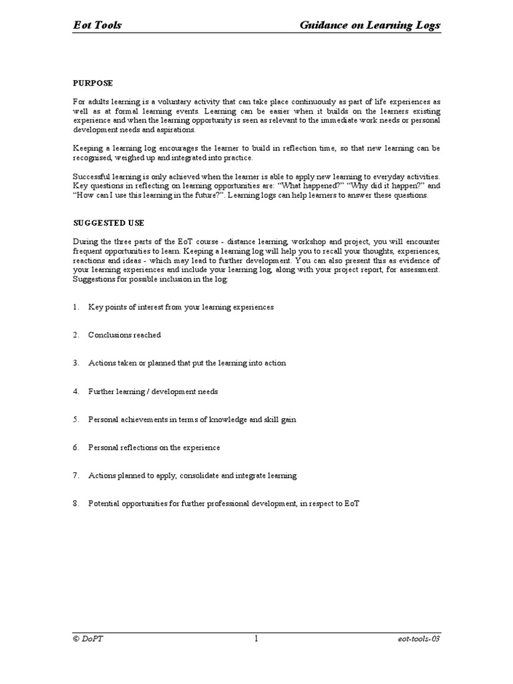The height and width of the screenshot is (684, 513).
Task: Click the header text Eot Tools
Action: click(97, 25)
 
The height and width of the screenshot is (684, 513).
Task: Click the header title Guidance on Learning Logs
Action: click(370, 25)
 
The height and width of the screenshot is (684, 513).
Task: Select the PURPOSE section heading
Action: click(93, 83)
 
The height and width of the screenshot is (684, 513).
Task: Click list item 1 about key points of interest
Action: click(180, 307)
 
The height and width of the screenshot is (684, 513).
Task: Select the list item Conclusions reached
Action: click(124, 335)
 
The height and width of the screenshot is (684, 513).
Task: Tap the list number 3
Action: click(75, 363)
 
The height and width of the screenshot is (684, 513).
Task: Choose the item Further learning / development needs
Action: click(153, 391)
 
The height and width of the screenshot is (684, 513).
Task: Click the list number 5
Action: click(75, 419)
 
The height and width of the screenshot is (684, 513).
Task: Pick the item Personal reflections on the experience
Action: click(154, 448)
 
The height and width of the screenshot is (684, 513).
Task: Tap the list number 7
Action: click(75, 476)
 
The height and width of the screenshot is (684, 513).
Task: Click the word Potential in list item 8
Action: click(104, 504)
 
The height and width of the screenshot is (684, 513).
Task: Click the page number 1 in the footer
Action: click(256, 639)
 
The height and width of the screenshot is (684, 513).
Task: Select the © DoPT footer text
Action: click(88, 639)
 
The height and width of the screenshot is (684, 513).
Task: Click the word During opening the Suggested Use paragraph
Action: click(85, 242)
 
